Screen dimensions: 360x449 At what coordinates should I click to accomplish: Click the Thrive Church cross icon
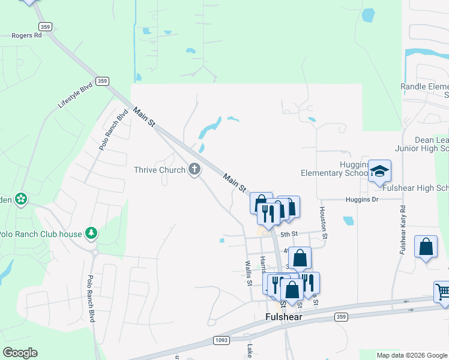click(194, 170)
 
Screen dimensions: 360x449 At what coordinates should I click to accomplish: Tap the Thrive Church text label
click(159, 170)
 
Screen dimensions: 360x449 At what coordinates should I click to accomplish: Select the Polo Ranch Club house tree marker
click(91, 233)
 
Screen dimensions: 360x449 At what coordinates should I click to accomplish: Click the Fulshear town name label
click(283, 316)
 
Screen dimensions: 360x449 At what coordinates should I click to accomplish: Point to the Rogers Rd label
click(26, 35)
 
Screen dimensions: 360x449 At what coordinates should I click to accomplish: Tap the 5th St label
click(289, 234)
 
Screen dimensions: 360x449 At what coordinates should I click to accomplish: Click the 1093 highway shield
click(221, 340)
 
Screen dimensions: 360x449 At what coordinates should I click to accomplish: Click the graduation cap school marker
click(379, 171)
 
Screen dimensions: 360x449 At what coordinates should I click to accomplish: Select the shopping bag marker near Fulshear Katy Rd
click(426, 247)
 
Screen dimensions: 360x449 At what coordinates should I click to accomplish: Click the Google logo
click(20, 353)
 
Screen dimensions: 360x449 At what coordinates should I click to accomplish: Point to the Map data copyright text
click(412, 355)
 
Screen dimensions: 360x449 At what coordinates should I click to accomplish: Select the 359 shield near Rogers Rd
click(44, 26)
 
